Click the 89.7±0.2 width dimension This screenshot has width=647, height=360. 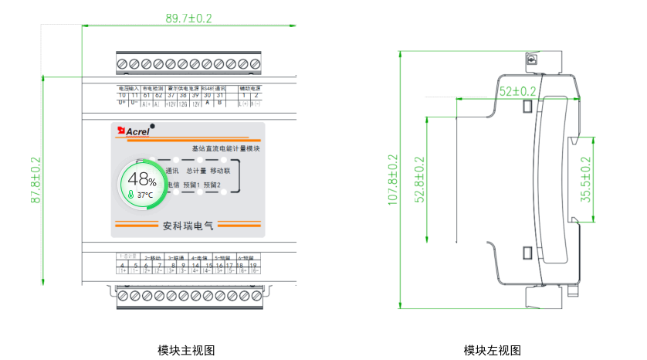point(189,17)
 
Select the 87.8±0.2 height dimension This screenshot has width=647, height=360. point(36,181)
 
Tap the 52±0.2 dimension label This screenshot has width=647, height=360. point(518,91)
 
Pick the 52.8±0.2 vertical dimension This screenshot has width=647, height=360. point(419,179)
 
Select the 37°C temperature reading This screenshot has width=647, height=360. point(144,195)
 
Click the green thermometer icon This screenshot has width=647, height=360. point(132,195)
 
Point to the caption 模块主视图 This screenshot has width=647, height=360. point(186,350)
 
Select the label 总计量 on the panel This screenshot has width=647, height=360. point(196,170)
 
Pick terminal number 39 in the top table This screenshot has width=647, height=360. point(195,94)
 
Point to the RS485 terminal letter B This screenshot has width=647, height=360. point(219,102)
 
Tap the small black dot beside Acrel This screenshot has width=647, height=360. point(152,126)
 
